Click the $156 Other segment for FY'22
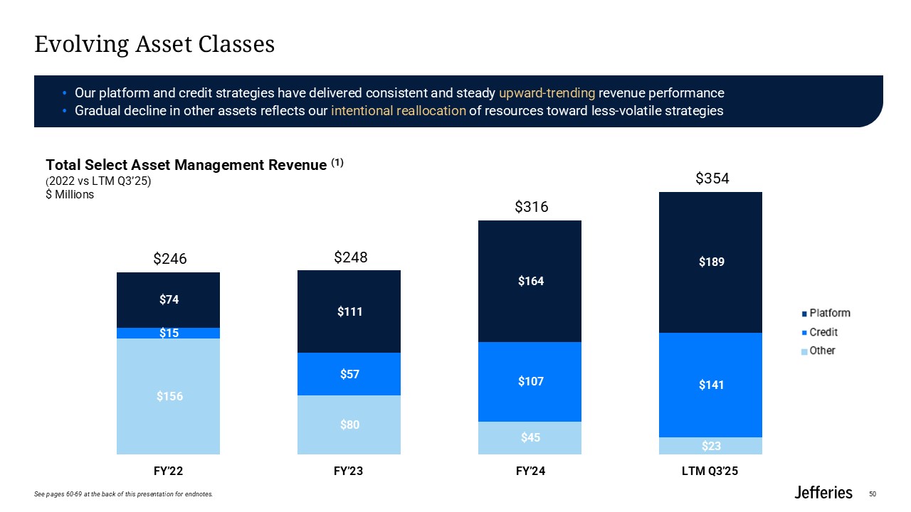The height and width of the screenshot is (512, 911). [x=169, y=396]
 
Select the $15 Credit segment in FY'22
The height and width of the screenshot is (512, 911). [x=169, y=333]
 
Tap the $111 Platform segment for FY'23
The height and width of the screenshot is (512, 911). [x=349, y=311]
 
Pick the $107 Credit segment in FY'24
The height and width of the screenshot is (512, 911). [x=530, y=382]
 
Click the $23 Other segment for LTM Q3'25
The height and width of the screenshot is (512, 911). [x=711, y=446]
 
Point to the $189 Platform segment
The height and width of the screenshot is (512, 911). [x=711, y=262]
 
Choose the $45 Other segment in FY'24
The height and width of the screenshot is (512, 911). [x=530, y=438]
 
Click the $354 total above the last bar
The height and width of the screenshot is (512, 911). [x=712, y=179]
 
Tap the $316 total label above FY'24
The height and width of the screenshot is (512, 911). [x=531, y=207]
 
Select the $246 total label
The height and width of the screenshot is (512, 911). [x=170, y=260]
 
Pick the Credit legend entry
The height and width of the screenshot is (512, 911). [x=823, y=332]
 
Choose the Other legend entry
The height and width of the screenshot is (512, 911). [x=822, y=351]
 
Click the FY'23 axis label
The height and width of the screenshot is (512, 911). [x=349, y=471]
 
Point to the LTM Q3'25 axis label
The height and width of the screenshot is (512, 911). [x=711, y=471]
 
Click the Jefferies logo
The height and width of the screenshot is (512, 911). [x=823, y=492]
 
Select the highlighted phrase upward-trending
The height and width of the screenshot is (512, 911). [x=547, y=93]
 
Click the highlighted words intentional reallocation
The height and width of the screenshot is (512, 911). [x=399, y=111]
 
